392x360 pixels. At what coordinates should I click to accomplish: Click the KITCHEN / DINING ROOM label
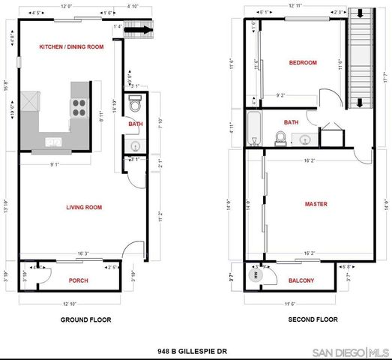(x=70, y=46)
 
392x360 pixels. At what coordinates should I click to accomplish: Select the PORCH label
(x=78, y=282)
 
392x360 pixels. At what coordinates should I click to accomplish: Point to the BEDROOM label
(x=303, y=63)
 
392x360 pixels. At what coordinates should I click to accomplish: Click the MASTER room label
(x=315, y=203)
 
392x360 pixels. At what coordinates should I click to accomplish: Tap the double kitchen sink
(x=53, y=141)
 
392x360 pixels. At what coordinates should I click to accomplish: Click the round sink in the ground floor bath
(x=135, y=146)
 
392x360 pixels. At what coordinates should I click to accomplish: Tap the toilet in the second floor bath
(x=280, y=137)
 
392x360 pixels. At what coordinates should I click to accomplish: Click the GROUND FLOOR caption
(x=85, y=319)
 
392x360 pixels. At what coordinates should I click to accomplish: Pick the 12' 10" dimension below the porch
(x=71, y=303)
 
